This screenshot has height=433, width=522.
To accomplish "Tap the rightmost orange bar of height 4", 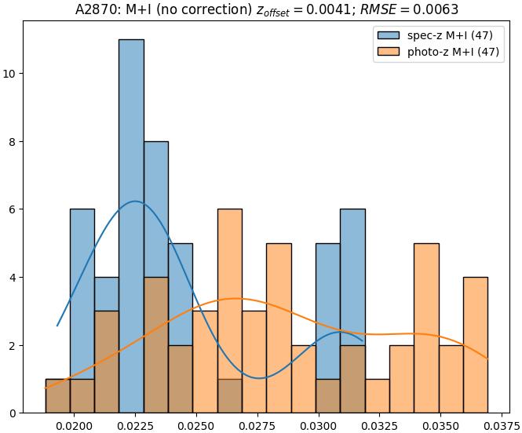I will pyautogui.click(x=475, y=345).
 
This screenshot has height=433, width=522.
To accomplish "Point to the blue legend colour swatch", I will pyautogui.click(x=388, y=35).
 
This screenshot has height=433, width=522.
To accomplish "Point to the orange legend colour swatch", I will pyautogui.click(x=388, y=52).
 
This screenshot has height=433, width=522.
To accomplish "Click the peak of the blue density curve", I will pyautogui.click(x=136, y=202).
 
